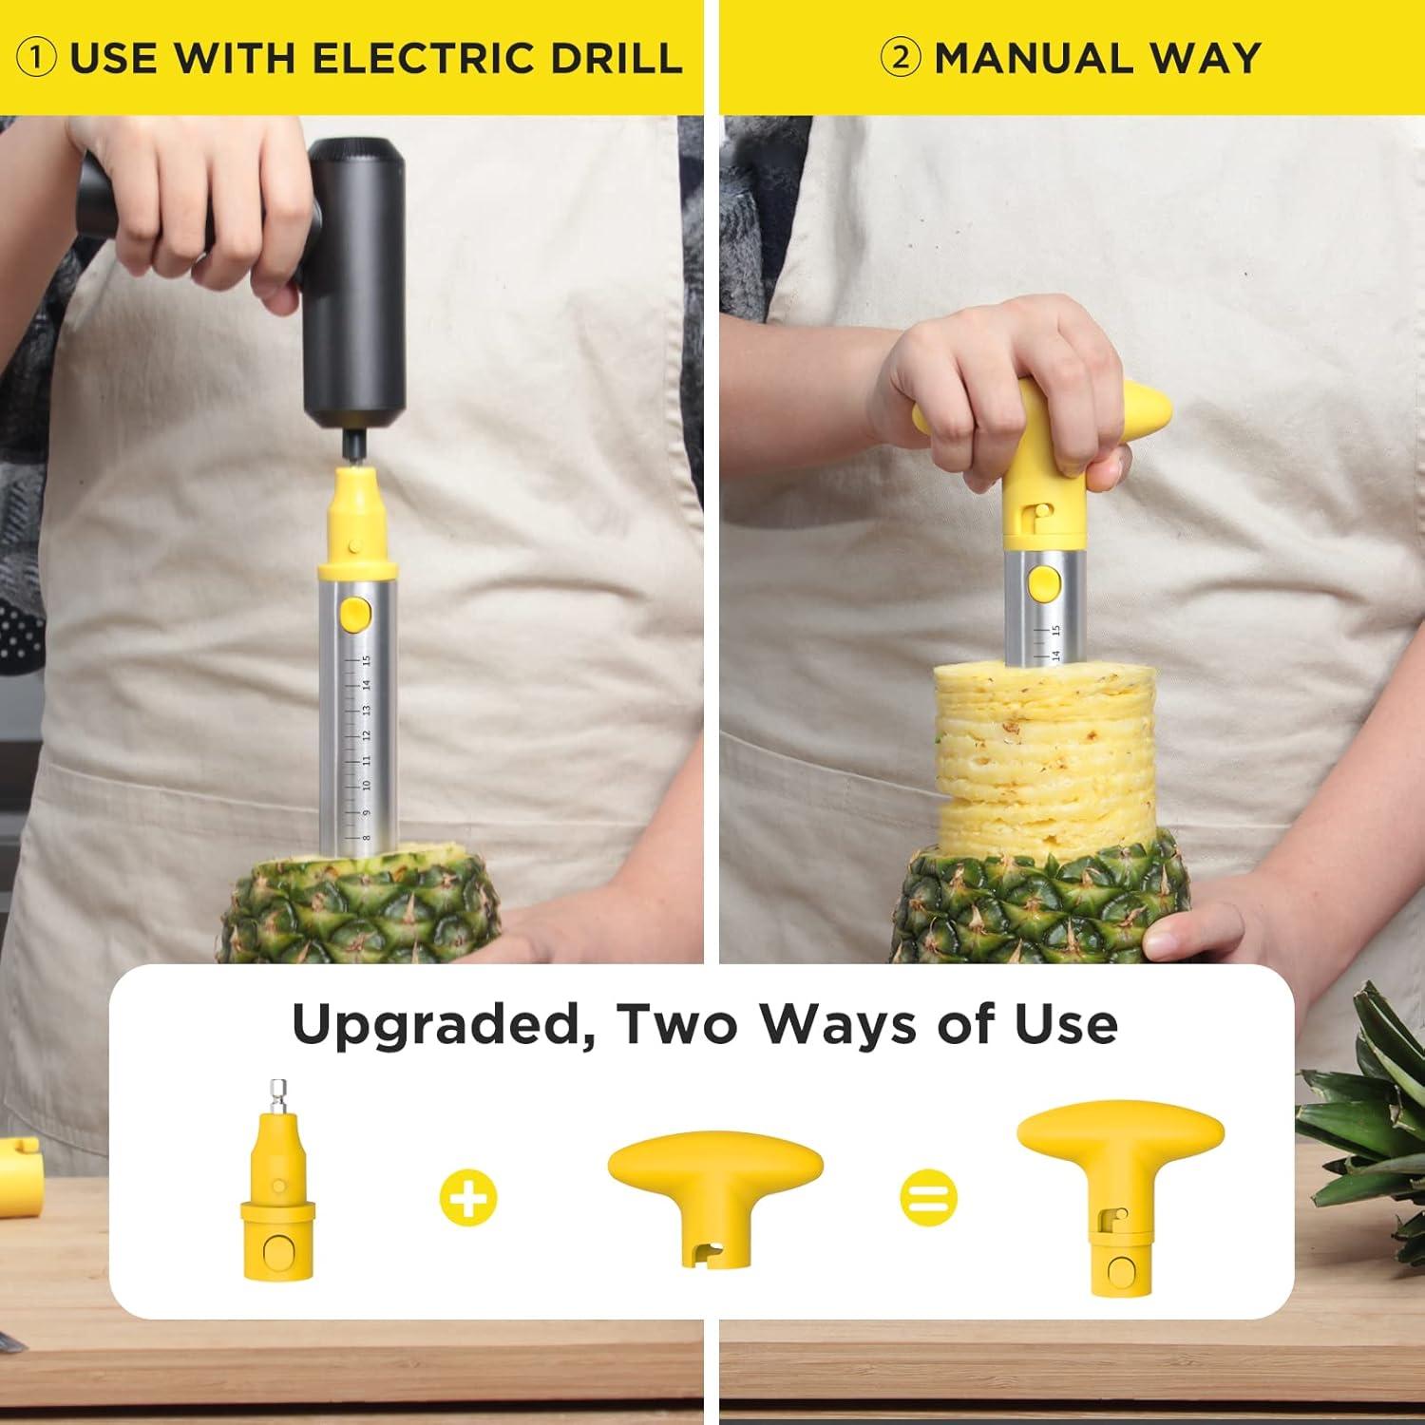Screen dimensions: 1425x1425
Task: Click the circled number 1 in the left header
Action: (x=37, y=59)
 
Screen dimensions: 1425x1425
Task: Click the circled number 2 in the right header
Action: (x=899, y=59)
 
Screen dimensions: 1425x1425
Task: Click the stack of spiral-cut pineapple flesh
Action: (x=1040, y=750)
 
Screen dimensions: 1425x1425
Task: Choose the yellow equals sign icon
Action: (x=928, y=1197)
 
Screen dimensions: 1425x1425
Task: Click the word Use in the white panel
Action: (x=1064, y=1024)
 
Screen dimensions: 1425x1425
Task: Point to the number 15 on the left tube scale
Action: (x=367, y=661)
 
